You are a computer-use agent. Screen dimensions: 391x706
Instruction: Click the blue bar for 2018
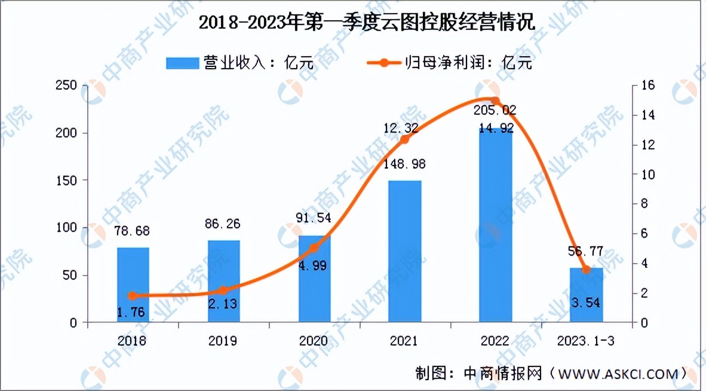coord(133,285)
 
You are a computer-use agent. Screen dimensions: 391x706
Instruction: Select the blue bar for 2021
coord(404,251)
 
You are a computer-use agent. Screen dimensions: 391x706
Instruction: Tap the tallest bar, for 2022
coord(495,224)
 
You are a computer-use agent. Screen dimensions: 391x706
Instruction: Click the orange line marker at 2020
coord(314,247)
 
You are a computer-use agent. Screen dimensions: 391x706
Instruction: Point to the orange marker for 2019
coord(223,290)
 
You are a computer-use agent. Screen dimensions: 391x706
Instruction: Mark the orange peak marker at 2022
coord(495,100)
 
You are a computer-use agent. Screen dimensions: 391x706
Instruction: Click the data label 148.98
coord(404,163)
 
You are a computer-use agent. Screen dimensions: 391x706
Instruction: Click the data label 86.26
coord(223,227)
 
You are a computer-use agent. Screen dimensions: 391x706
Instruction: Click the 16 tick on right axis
coord(647,85)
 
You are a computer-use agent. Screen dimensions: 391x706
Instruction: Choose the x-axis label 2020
coord(314,341)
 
